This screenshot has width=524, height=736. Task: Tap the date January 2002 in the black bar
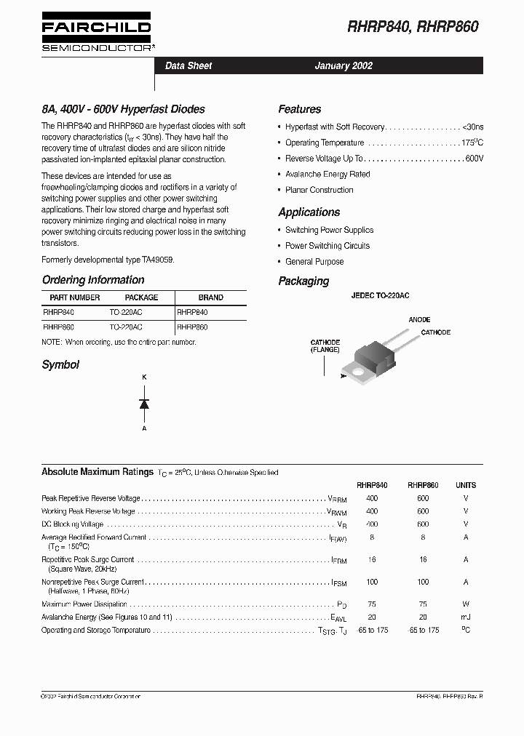344,65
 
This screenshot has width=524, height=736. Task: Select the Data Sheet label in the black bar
188,65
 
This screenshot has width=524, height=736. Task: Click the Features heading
299,109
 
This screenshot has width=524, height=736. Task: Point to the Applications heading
309,212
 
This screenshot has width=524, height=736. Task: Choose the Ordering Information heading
93,280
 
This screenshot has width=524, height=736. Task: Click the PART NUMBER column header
75,297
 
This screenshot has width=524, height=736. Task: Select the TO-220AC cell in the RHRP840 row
126,311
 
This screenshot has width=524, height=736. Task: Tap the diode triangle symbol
144,404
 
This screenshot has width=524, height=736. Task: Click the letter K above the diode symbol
144,377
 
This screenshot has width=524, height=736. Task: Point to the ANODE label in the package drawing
419,319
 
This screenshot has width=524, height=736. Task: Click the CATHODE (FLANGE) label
325,345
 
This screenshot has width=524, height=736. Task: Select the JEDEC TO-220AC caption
380,296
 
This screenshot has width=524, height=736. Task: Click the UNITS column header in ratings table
466,485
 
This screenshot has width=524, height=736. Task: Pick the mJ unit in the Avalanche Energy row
466,617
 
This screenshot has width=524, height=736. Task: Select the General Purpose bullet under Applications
314,262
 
